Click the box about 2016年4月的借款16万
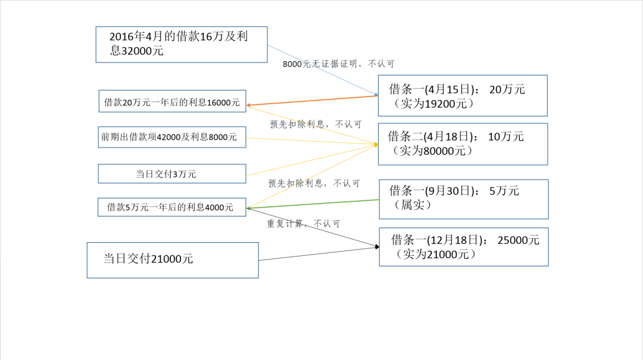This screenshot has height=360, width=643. (181, 44)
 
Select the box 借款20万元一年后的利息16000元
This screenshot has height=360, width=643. (171, 102)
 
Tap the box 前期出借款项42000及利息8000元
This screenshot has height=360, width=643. (171, 137)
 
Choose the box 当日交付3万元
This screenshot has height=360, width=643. (171, 174)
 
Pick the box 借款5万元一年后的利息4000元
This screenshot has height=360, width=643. (171, 207)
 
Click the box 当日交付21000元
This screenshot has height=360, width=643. (172, 259)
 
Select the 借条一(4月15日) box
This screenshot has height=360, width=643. (463, 95)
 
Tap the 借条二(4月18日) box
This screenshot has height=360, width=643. (463, 143)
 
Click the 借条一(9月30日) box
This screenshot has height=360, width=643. (463, 198)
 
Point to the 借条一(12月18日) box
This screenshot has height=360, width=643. (463, 246)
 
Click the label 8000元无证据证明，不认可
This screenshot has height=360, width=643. (338, 64)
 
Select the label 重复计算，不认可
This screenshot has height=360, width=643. (303, 224)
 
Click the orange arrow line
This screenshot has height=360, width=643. (313, 101)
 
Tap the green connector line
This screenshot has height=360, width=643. (313, 204)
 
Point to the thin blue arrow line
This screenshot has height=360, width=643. (321, 70)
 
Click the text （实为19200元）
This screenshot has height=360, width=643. (433, 104)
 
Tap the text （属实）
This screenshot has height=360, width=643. (412, 205)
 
